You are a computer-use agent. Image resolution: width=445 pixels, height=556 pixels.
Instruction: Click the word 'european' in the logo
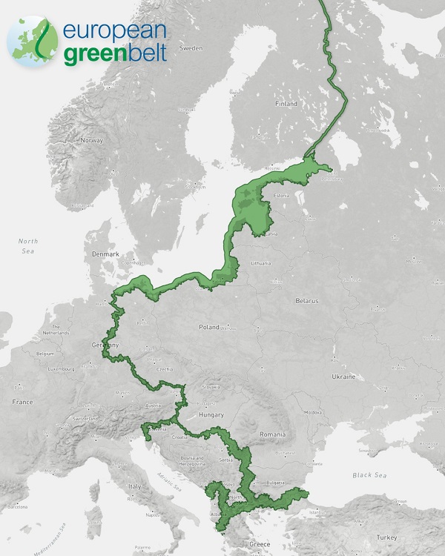(114, 31)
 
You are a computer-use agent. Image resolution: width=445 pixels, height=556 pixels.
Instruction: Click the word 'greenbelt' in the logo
(114, 53)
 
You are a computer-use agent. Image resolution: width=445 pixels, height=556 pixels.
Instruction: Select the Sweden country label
(191, 48)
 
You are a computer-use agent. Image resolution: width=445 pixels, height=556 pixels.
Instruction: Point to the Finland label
(286, 105)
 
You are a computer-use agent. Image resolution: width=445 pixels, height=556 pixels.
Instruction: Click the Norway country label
(91, 140)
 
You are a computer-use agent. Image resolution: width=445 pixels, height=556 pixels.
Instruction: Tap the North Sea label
(28, 245)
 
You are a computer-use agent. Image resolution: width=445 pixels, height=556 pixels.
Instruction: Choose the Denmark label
(105, 254)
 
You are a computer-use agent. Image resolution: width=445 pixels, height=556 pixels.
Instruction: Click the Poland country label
(209, 327)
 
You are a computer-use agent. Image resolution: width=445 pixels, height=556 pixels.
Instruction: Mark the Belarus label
(306, 301)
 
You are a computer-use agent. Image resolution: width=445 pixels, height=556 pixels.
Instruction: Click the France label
(22, 402)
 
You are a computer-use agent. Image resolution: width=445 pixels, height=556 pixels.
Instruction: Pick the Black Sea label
(371, 474)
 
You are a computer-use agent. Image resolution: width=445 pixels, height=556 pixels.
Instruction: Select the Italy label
(136, 486)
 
